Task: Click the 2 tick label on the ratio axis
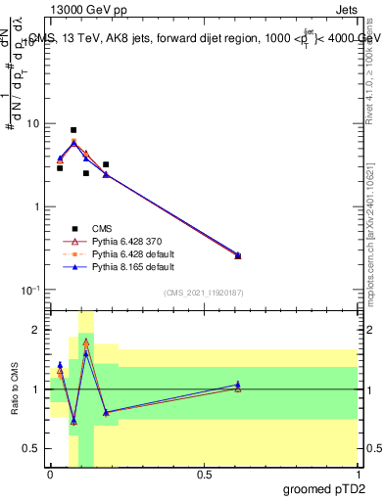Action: tap(40, 331)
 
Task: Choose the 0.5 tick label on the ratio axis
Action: tap(35, 448)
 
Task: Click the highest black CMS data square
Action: tap(73, 130)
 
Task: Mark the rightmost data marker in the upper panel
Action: tap(238, 255)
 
